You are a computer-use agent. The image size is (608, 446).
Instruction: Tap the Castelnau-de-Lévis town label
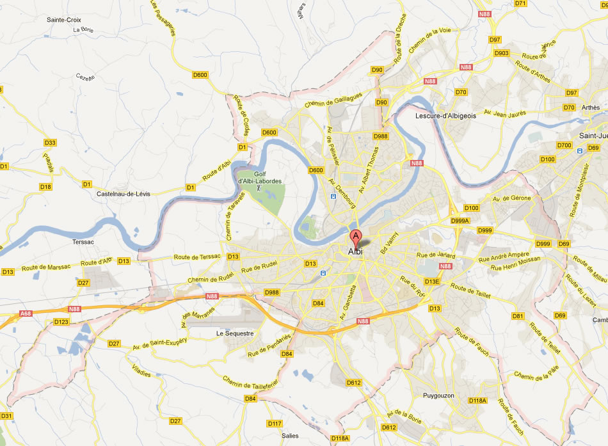123,193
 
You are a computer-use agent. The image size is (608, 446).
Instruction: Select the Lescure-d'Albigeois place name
445,116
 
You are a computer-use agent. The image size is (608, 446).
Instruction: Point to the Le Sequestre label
234,333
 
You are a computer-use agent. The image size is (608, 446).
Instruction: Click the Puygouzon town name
438,395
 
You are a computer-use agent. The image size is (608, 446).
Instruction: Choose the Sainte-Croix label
63,20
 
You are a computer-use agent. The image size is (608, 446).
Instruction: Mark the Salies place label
290,436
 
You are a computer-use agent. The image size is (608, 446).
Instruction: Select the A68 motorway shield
25,314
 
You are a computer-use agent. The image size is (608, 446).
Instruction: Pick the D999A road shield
460,221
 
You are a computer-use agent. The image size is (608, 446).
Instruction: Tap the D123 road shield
61,321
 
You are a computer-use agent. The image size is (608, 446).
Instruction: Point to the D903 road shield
501,53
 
